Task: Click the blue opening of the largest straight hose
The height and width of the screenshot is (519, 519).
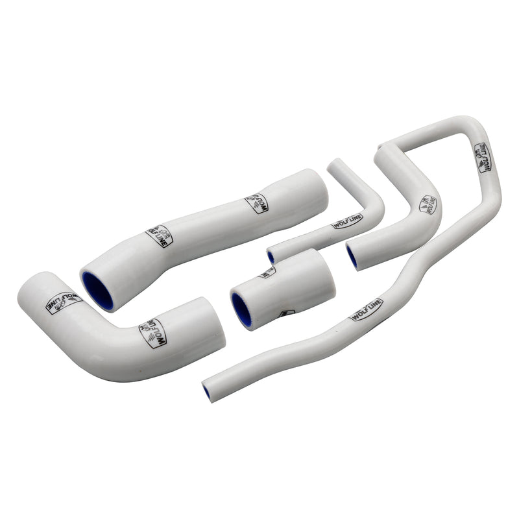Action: tap(97, 290)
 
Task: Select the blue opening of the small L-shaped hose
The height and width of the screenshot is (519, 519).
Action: tap(271, 257)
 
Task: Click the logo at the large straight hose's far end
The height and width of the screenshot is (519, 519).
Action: tap(257, 203)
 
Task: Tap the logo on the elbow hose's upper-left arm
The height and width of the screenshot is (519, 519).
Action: tap(64, 302)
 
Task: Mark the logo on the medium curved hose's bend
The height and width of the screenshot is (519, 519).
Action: tap(429, 204)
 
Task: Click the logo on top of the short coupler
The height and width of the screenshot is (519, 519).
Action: tap(267, 272)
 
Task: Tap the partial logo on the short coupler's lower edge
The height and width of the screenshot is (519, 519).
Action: tap(285, 313)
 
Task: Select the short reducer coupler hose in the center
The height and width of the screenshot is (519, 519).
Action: tap(282, 289)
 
